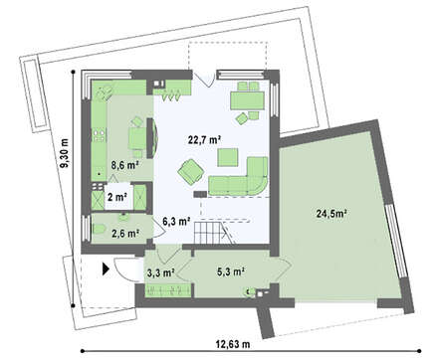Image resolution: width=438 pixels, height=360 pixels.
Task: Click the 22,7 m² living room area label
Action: click(205, 139)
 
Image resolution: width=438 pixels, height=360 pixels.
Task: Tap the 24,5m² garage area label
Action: click(331, 214)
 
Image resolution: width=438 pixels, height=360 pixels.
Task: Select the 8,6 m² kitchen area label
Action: click(124, 165)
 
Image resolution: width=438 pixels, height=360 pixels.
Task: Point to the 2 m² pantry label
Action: click(117, 197)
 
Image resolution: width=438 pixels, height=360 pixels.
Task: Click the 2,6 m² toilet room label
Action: click(125, 234)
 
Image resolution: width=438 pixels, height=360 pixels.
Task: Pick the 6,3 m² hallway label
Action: click(176, 221)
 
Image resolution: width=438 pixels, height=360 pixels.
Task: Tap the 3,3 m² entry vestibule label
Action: click(161, 272)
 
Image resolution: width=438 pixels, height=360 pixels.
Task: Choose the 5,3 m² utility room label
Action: click(231, 271)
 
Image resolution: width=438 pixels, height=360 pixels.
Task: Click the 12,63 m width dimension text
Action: click(233, 344)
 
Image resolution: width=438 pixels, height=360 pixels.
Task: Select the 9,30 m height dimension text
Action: click(65, 153)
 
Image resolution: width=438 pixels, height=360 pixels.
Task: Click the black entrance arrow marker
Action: click(106, 269)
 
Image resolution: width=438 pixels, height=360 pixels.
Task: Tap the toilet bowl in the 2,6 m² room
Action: click(100, 229)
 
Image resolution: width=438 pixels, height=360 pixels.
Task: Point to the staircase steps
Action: click(207, 233)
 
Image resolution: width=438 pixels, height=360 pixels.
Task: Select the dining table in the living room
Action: click(248, 100)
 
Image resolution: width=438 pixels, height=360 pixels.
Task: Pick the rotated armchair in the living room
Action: click(191, 171)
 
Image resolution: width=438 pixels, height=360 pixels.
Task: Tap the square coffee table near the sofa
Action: click(228, 157)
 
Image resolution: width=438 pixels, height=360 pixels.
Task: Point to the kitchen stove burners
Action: click(100, 136)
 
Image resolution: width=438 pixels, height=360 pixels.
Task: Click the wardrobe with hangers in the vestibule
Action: click(168, 290)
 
